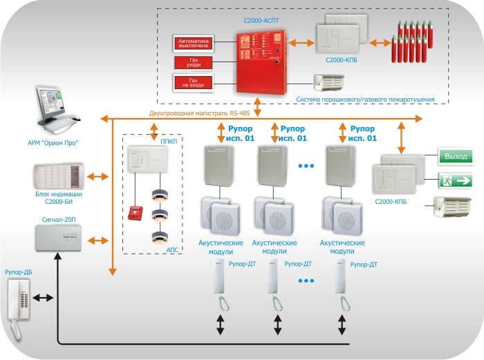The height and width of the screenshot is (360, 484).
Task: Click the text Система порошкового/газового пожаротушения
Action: (365, 100)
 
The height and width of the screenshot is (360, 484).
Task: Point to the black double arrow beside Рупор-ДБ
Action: (42, 298)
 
